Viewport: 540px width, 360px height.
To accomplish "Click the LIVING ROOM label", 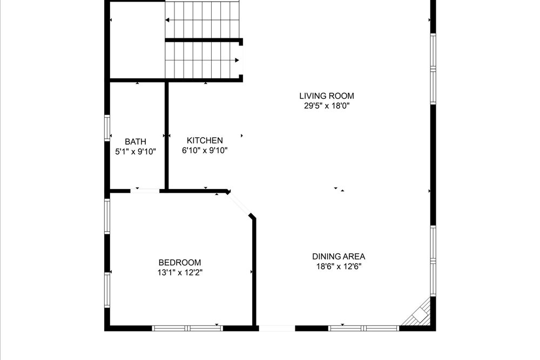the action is tap(327, 96).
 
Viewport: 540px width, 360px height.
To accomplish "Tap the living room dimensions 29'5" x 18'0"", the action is tap(327, 106).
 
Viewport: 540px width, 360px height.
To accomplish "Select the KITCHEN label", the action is tap(205, 140).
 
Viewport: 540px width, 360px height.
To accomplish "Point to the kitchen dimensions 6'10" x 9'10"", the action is tap(205, 151).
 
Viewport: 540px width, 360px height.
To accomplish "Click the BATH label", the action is tap(136, 141).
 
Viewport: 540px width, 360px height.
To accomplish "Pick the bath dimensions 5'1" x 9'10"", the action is tap(136, 152).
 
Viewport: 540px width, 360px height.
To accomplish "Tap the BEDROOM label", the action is tap(179, 263).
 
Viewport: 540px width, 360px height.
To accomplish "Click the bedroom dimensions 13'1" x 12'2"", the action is tap(179, 273).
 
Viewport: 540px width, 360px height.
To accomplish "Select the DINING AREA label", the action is tap(339, 256).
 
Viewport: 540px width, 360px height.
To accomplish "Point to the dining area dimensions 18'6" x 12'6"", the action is tap(339, 267).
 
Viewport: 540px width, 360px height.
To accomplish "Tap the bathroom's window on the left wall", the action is tap(107, 128).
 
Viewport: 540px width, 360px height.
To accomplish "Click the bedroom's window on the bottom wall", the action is tap(187, 328).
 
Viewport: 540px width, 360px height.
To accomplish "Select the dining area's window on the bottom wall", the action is tap(363, 328).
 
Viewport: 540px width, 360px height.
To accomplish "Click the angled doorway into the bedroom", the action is tap(239, 205).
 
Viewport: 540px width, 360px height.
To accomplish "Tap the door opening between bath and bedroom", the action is tap(145, 191).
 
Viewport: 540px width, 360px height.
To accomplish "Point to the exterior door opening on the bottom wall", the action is tap(277, 328).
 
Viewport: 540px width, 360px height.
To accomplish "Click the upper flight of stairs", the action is tap(202, 20).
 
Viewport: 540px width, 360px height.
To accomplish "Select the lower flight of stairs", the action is tap(202, 60).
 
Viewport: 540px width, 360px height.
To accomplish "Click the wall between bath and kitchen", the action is tap(166, 135).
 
